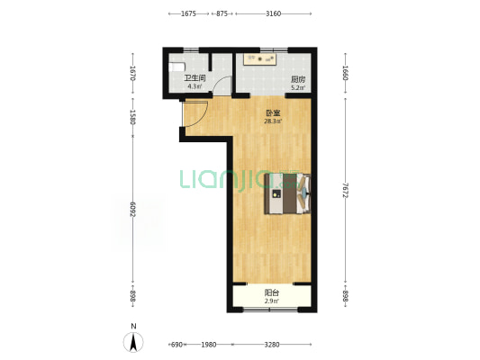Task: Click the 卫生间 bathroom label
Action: (x=195, y=78)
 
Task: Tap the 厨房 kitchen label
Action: (x=298, y=80)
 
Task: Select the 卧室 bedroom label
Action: (x=273, y=113)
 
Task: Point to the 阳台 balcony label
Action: (x=272, y=292)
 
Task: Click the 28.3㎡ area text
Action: (x=273, y=121)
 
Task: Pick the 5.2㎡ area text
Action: (x=298, y=88)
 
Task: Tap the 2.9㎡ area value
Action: (x=272, y=301)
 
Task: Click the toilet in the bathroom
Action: (x=177, y=67)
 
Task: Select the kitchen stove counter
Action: (x=260, y=59)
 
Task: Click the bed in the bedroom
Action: (x=288, y=193)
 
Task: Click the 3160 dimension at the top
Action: (x=274, y=13)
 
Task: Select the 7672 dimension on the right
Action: (x=345, y=190)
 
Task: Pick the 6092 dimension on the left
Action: (x=133, y=209)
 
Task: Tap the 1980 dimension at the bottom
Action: (x=208, y=345)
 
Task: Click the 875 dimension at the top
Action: (x=222, y=13)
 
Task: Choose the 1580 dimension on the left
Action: (x=133, y=117)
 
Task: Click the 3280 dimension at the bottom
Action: (x=272, y=345)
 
